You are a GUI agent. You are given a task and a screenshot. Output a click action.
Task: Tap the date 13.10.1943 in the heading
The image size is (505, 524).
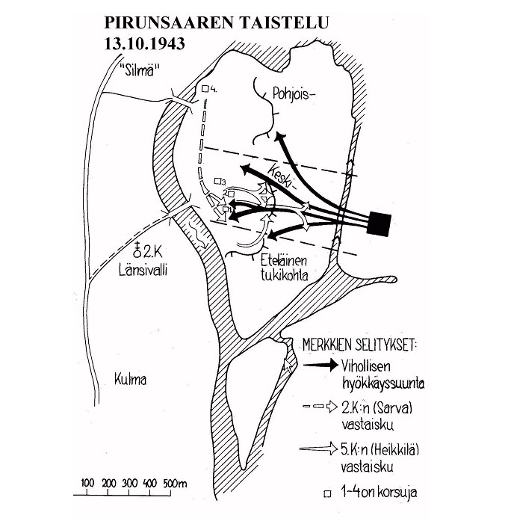(x=145, y=44)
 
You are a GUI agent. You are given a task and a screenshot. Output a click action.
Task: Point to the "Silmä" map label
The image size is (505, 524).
(x=140, y=70)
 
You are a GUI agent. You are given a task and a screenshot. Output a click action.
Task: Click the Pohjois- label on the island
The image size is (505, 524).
(x=294, y=94)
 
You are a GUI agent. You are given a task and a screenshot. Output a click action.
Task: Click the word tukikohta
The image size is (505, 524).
(x=284, y=275)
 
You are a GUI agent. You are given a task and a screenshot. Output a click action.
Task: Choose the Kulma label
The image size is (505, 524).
(x=130, y=380)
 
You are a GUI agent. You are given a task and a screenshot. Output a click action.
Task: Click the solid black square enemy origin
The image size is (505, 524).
(x=379, y=224)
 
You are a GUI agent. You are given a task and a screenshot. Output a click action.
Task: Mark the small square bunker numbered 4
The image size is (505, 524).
(x=205, y=89)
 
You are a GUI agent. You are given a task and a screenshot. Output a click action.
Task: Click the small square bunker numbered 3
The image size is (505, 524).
(x=218, y=181)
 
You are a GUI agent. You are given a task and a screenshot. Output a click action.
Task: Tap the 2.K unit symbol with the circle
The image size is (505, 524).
(x=137, y=250)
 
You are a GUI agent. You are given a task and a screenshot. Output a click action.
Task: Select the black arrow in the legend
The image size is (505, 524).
(x=321, y=365)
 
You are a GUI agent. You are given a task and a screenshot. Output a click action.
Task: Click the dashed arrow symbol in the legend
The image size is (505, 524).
(x=320, y=407)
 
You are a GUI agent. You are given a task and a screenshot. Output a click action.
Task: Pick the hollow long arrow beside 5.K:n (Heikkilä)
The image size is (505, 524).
(x=319, y=449)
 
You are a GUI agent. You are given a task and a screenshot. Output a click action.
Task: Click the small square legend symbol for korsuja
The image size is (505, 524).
(x=328, y=493)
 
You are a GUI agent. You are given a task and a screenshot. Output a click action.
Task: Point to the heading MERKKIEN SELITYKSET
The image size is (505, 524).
(x=359, y=345)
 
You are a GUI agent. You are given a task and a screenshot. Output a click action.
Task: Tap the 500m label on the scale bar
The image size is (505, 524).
(x=175, y=484)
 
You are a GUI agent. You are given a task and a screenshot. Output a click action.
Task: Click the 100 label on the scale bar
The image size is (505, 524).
(x=87, y=484)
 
